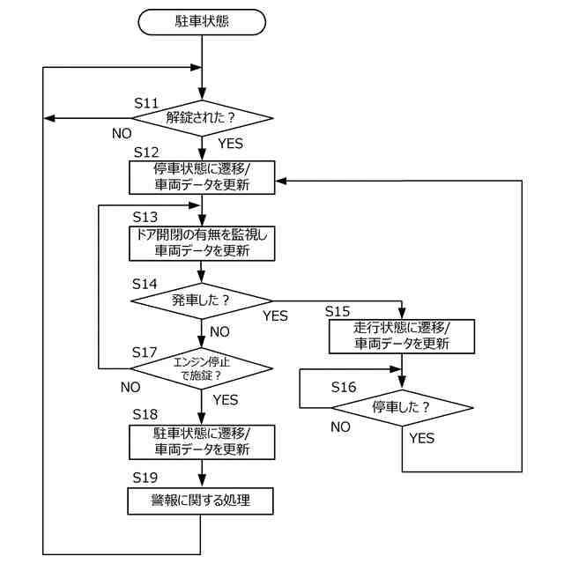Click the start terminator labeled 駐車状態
coord(202,22)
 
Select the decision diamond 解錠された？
coord(202,118)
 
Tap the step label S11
coord(146,103)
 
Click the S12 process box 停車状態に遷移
coord(202,177)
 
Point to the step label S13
coord(145,218)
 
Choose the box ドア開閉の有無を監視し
coord(202,243)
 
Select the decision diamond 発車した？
coord(202,301)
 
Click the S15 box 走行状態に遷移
coord(402,337)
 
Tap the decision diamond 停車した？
coord(402,408)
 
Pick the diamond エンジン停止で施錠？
coord(202,368)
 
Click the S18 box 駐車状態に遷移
coord(202,442)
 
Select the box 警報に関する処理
coord(200,501)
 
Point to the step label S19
coord(145,478)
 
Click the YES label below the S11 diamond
coord(231,144)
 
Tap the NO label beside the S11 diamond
coord(122,134)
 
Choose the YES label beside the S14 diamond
coord(275,316)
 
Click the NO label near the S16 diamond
coord(341,427)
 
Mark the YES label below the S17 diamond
coord(226,400)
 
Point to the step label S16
coord(344,388)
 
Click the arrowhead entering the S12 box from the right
coord(280,181)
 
